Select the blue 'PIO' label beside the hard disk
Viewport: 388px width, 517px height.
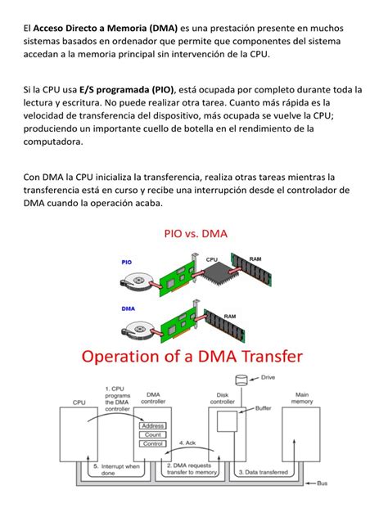point(127,262)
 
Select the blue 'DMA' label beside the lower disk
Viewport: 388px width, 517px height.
point(128,309)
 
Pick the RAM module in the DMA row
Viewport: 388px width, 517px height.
point(231,325)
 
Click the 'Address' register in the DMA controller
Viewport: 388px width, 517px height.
point(152,425)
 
